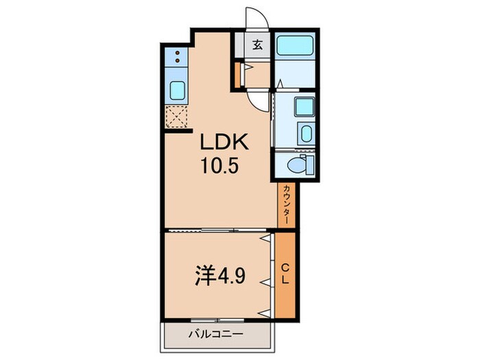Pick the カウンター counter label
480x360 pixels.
286,205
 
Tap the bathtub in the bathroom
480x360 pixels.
296,47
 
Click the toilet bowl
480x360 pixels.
296,164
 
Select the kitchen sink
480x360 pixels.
177,88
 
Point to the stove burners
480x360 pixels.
177,56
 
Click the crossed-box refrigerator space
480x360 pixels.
177,117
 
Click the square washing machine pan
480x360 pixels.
304,106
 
